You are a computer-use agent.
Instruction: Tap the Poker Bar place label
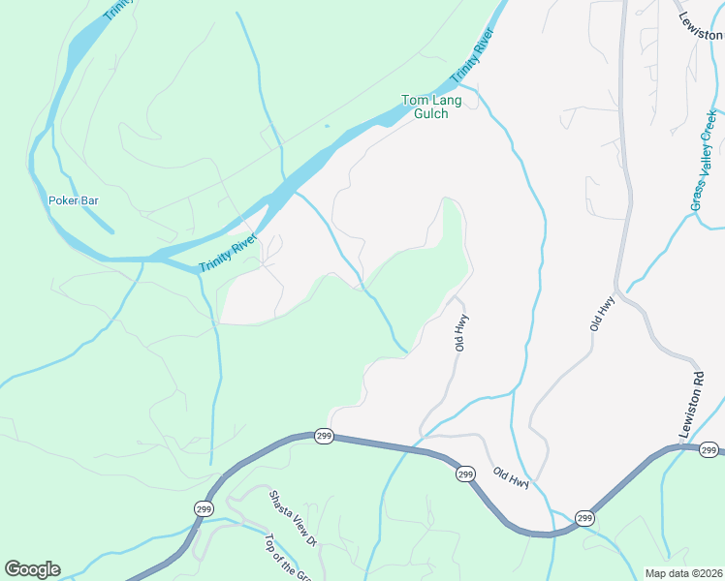pos(74,201)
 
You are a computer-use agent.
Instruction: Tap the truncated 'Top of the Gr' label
pos(290,560)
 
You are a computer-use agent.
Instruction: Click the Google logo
pos(32,569)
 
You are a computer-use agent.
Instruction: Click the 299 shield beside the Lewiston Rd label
pos(709,450)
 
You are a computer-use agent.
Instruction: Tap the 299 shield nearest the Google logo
pos(203,508)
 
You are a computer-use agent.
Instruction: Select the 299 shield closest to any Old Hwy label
pos(465,474)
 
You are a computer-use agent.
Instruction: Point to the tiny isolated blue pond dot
pos(327,126)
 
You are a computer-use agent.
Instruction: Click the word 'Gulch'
pos(431,113)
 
